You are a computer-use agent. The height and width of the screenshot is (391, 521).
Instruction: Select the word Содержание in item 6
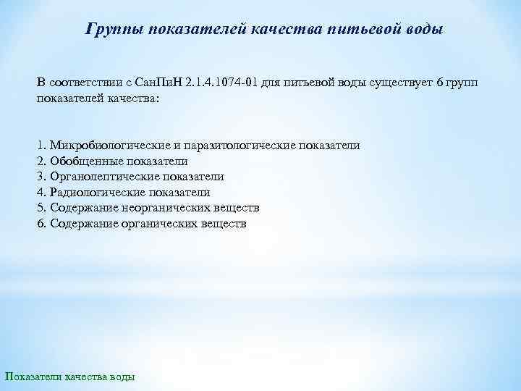pos(80,224)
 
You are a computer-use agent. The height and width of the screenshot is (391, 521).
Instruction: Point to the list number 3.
pos(40,177)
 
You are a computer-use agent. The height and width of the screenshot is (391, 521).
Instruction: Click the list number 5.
pos(40,208)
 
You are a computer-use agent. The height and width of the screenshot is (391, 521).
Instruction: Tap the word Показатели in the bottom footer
pos(33,377)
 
